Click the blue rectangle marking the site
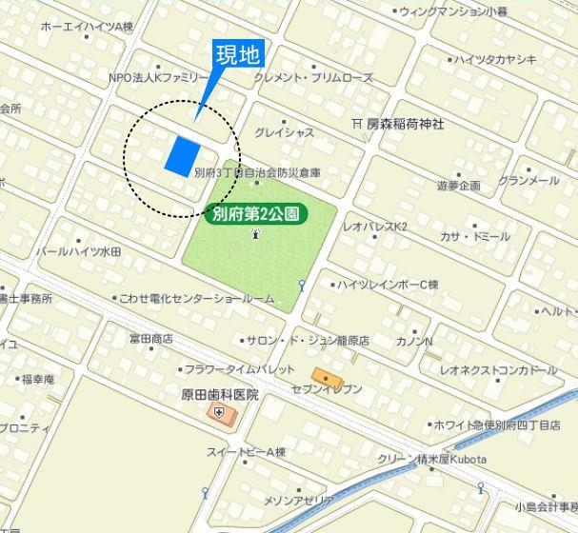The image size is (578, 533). coord(182,155)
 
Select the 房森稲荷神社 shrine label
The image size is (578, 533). coord(405,124)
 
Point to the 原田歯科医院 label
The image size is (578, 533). coord(220,394)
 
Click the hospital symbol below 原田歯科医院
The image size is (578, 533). coord(220,412)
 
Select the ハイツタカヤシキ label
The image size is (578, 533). coord(494,59)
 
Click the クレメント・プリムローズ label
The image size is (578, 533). coord(313,77)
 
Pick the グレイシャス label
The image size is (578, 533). coord(284,132)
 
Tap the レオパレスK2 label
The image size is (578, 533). coord(374,227)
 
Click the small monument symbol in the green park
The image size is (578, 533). coord(254,233)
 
